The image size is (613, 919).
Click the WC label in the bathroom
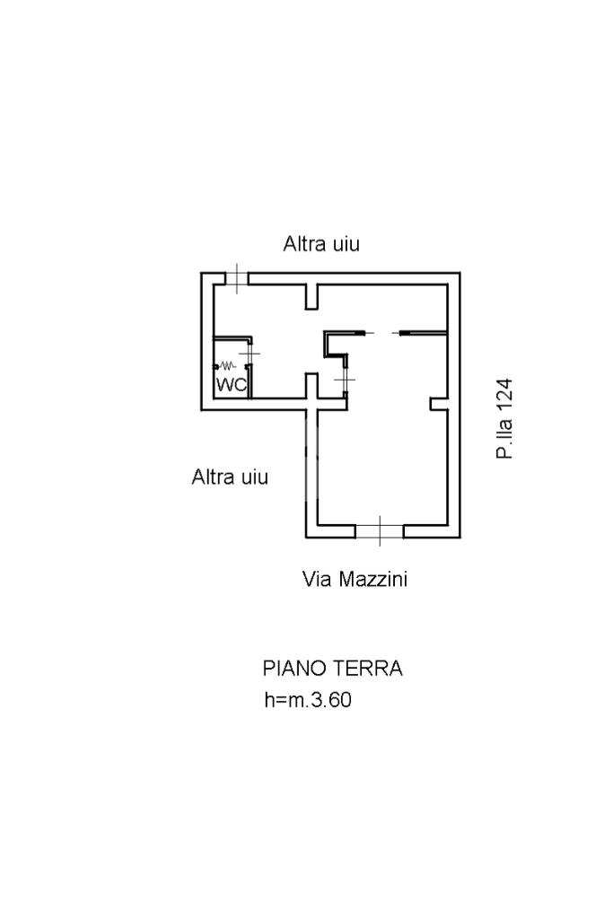tap(232, 385)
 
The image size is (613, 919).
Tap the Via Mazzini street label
tap(355, 579)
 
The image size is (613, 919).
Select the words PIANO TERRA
tap(332, 669)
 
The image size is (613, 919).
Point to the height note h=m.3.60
tap(308, 700)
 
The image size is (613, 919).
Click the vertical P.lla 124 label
tap(505, 418)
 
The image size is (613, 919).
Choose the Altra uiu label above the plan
tap(321, 243)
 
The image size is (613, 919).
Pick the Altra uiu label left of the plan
tap(230, 477)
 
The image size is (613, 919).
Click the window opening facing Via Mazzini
tap(379, 531)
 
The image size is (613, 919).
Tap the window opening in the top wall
tap(235, 278)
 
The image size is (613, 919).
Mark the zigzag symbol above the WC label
tap(227, 366)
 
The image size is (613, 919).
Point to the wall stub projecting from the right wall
tap(438, 404)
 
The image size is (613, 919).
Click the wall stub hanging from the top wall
tap(311, 296)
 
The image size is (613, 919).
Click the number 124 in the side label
tap(505, 394)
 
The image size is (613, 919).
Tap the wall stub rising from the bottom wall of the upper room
tap(311, 386)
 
